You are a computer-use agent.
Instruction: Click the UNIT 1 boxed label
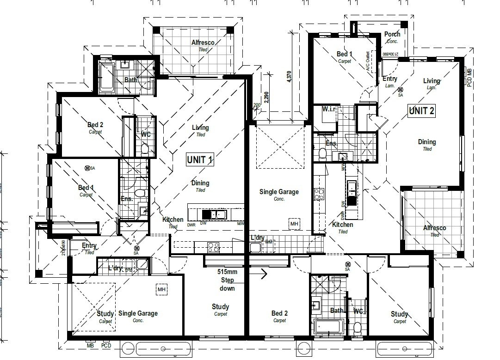click(200, 160)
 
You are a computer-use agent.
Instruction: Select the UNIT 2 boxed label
click(421, 110)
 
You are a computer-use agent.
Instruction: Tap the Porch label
click(392, 35)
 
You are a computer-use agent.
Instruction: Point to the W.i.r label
click(332, 110)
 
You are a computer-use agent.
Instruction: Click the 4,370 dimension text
click(290, 76)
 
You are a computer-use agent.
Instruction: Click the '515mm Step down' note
click(227, 280)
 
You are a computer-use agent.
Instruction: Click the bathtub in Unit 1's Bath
click(107, 77)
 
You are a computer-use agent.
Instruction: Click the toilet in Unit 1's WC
click(145, 148)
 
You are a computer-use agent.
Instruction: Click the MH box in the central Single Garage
click(295, 224)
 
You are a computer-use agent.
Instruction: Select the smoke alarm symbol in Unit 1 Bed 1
click(87, 168)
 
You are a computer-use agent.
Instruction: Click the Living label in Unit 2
click(432, 81)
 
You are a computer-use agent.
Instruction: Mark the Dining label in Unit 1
click(200, 183)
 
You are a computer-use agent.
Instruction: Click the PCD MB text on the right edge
click(469, 78)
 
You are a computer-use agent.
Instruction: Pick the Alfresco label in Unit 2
click(435, 228)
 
